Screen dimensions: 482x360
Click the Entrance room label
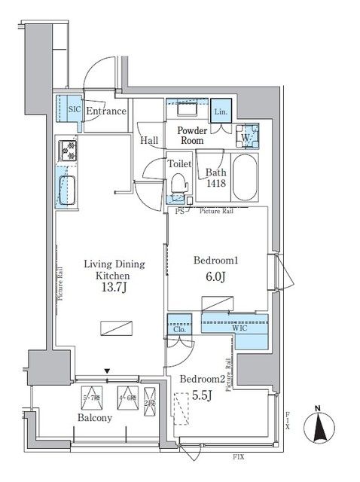click(106, 111)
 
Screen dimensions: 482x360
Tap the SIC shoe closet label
click(74, 109)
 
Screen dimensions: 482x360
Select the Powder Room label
click(192, 135)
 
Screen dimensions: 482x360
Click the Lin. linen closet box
click(221, 111)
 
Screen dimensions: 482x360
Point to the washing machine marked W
click(246, 138)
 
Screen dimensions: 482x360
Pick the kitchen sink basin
click(66, 185)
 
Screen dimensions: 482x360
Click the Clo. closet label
click(178, 328)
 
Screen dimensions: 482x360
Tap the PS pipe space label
click(180, 212)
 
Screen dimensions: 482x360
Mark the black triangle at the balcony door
click(108, 371)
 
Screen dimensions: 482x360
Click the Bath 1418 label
click(216, 178)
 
